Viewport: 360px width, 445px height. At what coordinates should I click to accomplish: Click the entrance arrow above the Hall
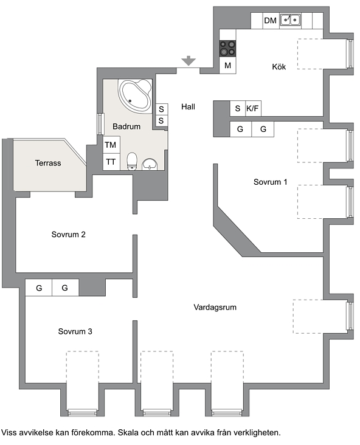pos(189,61)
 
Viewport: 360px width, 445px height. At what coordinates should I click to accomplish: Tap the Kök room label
pos(279,67)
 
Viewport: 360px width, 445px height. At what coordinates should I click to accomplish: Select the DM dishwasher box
pos(270,21)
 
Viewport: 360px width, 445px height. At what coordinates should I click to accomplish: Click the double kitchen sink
pos(290,20)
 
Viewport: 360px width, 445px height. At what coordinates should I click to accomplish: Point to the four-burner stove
pos(227,48)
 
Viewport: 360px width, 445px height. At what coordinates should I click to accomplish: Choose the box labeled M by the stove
pos(227,66)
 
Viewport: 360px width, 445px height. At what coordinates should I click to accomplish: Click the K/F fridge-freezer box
pos(253,108)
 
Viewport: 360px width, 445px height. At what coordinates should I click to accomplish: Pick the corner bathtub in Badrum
pos(135,95)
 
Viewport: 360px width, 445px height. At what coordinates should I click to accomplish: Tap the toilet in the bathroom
pos(132,161)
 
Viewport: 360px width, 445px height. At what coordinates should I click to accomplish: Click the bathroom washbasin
pos(150,164)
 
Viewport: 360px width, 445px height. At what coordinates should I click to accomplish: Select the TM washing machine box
pos(111,145)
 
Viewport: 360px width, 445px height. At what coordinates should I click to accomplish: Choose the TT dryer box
pos(111,162)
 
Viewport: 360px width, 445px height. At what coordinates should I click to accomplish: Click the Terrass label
pos(48,163)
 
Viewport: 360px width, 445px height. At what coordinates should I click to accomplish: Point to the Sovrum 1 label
pos(270,182)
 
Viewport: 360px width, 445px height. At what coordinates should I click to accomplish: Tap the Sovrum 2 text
pos(69,235)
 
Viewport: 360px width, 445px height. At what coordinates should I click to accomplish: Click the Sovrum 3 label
pos(75,331)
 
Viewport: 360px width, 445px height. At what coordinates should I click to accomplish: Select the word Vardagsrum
pos(215,308)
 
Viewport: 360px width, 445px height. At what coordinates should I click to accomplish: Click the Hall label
pos(189,107)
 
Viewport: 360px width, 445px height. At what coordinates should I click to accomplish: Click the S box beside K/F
pos(238,108)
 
